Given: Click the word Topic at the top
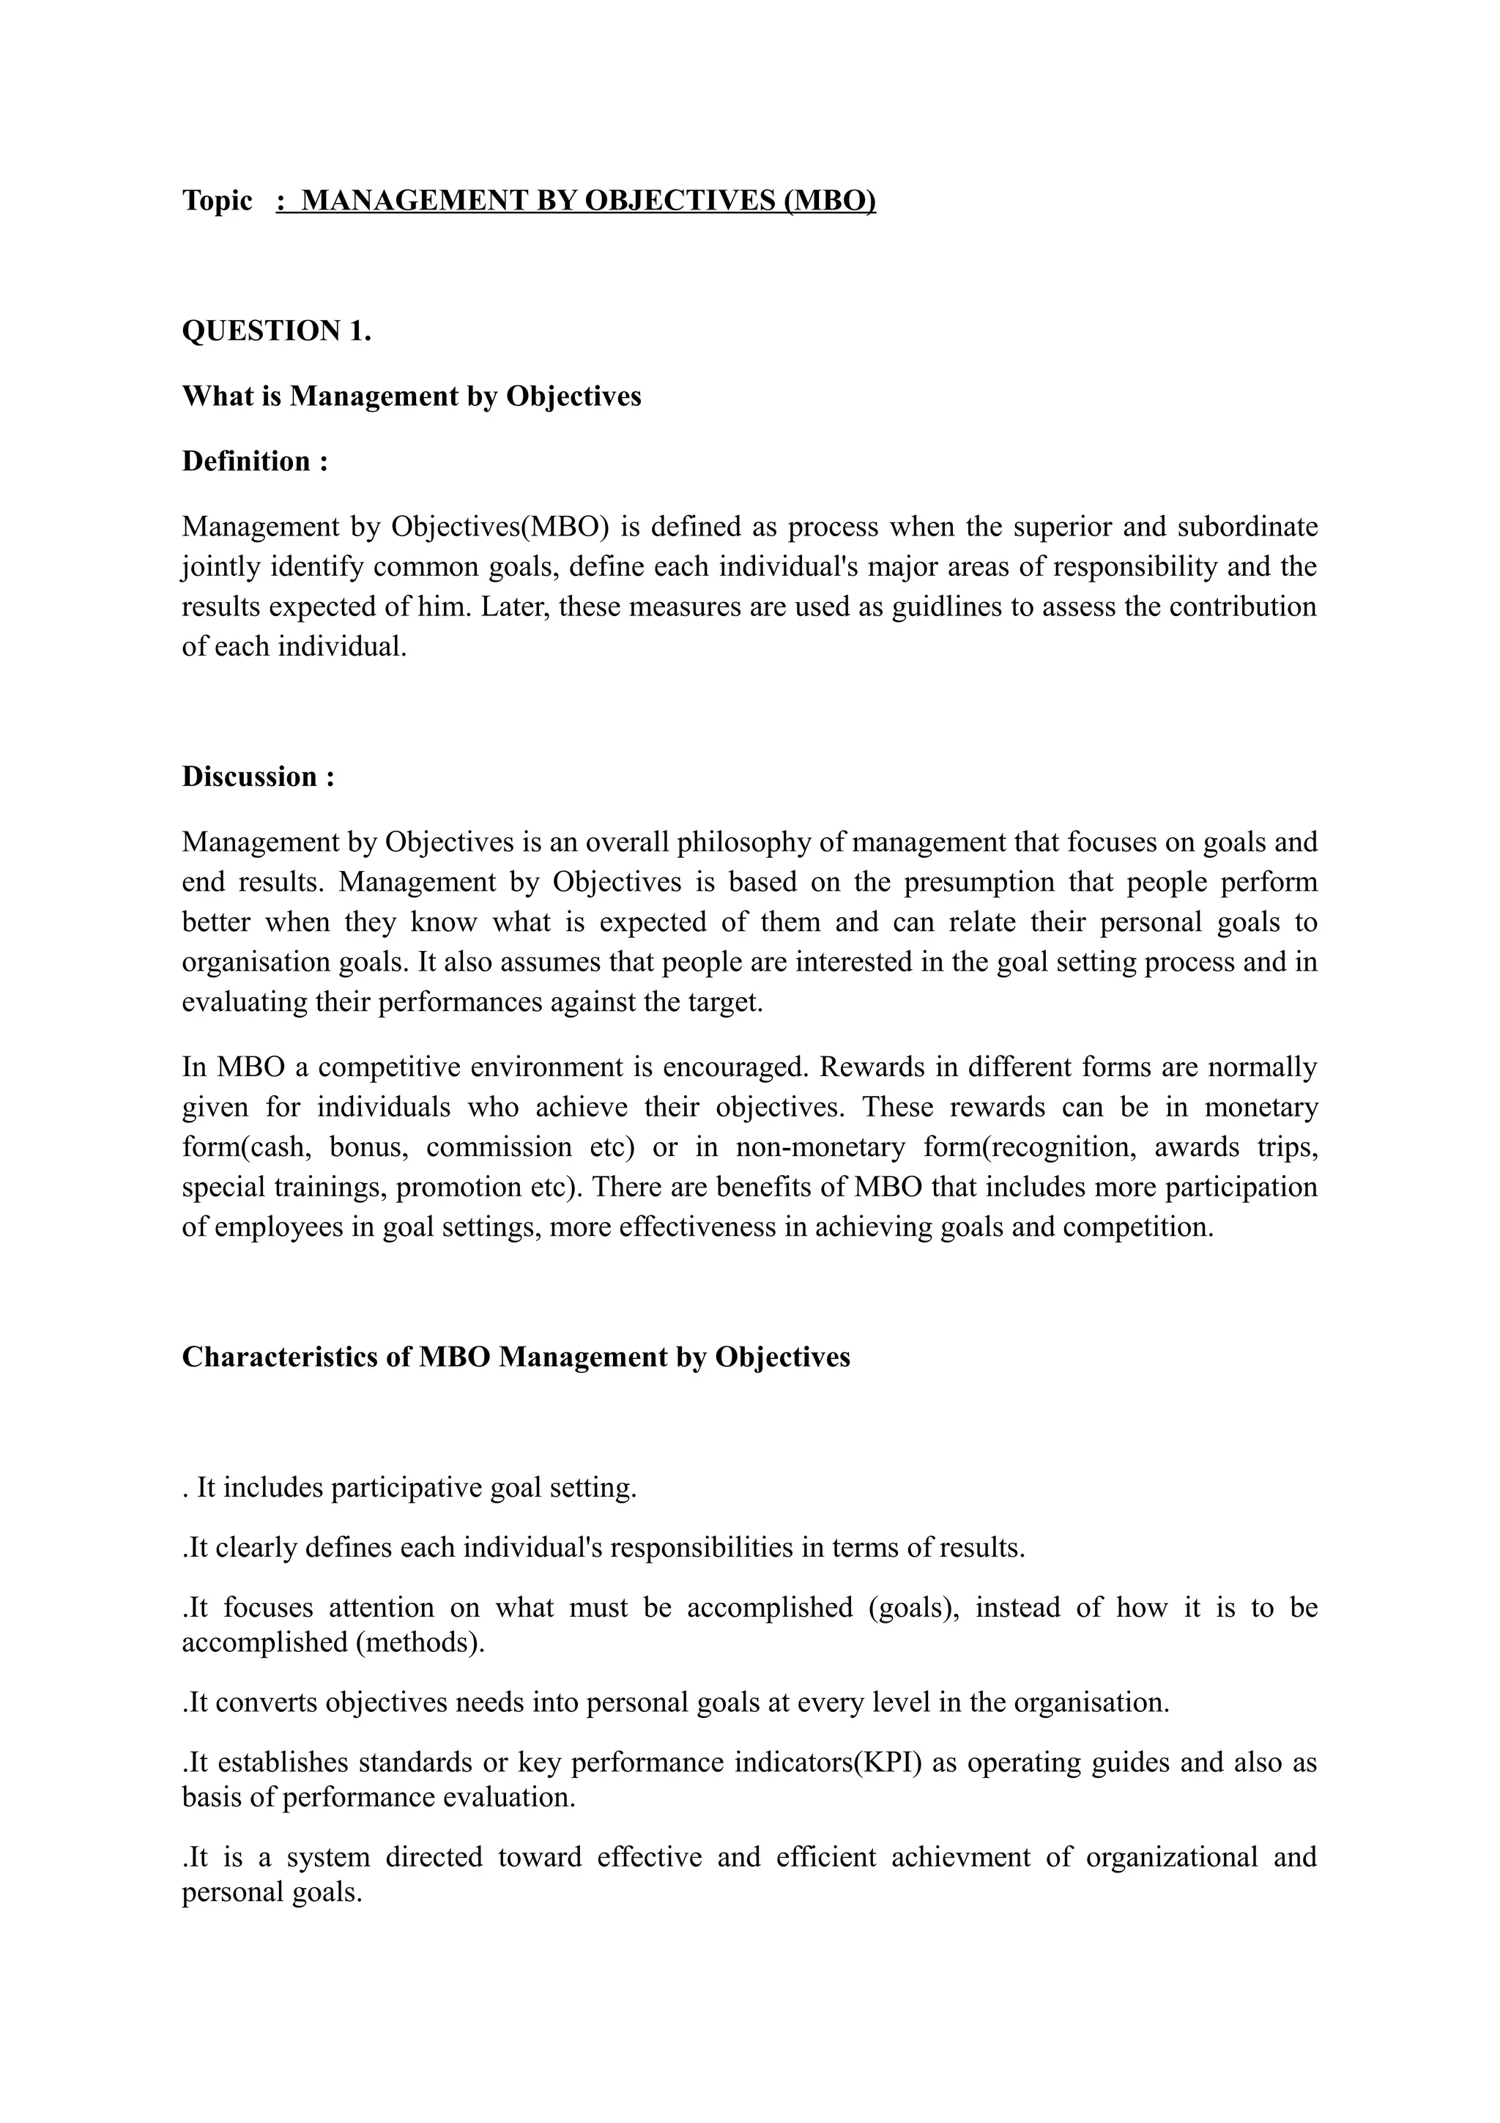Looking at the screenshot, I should [218, 200].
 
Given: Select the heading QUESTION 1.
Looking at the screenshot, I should [276, 331].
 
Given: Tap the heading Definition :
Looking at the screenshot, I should [255, 461].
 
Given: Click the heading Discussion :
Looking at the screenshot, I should [258, 777].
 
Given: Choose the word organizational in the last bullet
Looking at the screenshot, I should [1171, 1856].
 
